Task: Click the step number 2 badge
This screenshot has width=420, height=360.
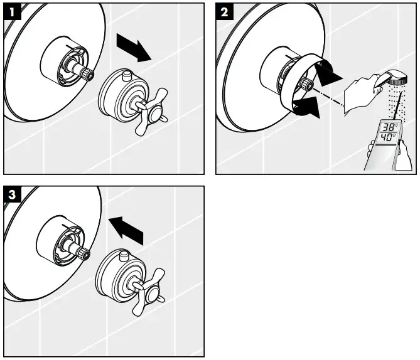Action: tap(225, 11)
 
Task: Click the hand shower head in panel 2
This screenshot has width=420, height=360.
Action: tap(397, 78)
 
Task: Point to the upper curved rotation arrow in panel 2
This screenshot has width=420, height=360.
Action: tap(326, 73)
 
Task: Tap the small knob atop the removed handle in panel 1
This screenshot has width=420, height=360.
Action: tap(127, 75)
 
